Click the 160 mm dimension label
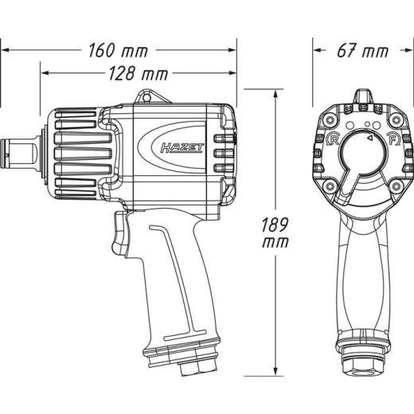(118, 50)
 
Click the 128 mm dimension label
(139, 73)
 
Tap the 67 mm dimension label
(362, 50)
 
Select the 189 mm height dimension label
(275, 232)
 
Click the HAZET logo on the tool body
(182, 148)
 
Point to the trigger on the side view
(119, 232)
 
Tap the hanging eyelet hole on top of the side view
(146, 98)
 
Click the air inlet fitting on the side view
(198, 366)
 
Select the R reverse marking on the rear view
(332, 139)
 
